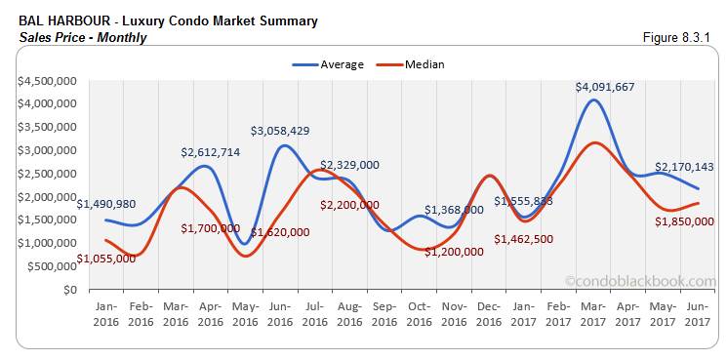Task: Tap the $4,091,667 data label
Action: (x=605, y=87)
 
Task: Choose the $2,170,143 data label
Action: (x=683, y=167)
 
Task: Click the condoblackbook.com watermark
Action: (x=640, y=280)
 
